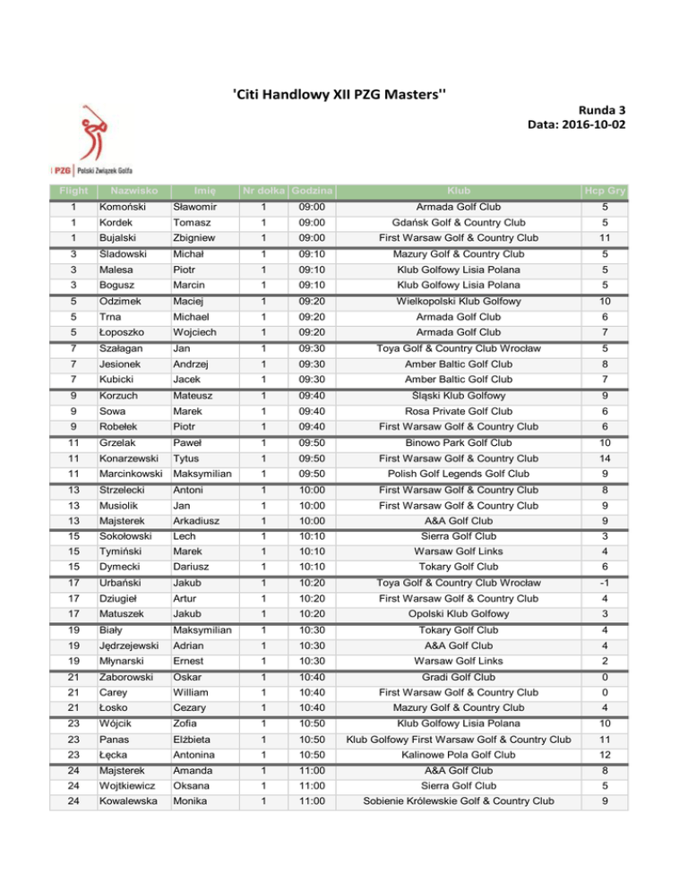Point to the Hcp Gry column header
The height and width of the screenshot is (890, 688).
tap(604, 190)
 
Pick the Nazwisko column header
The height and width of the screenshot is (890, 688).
tap(129, 190)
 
